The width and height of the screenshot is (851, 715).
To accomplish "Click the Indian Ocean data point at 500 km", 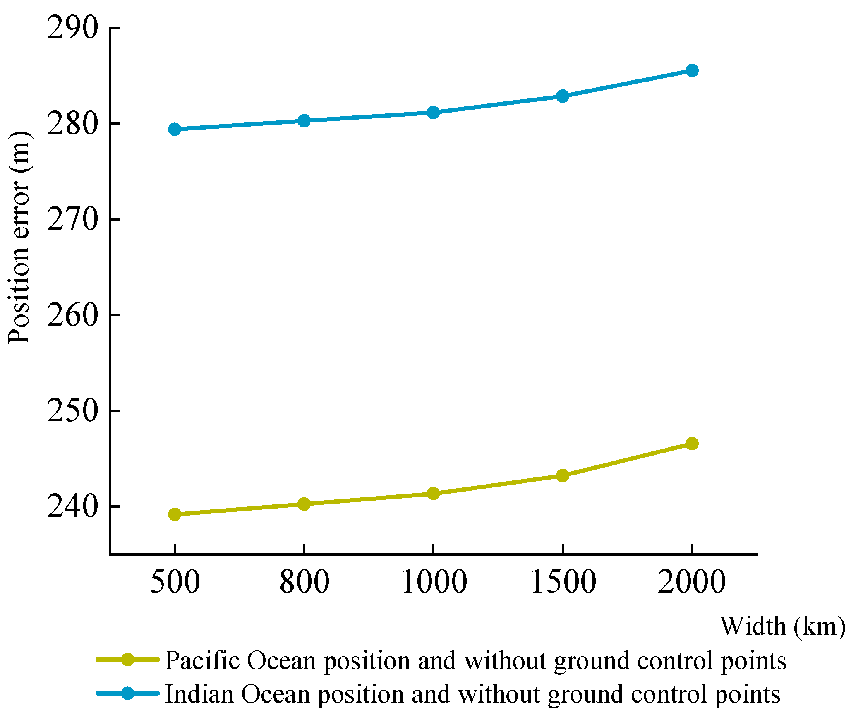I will click(x=175, y=129).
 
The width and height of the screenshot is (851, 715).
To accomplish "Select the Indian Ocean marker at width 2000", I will click(x=692, y=70).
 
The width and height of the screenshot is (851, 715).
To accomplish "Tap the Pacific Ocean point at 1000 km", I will click(x=433, y=493).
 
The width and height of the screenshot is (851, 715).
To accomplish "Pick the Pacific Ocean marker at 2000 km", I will click(x=692, y=444).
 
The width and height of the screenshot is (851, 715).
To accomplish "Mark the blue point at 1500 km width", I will click(x=562, y=96).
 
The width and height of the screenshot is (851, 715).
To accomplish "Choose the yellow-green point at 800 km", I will click(x=304, y=504).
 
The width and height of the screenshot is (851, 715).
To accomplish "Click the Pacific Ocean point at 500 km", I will click(x=175, y=514).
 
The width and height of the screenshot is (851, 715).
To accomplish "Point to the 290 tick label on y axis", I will click(x=73, y=28).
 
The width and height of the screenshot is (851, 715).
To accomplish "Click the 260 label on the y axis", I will click(x=73, y=315).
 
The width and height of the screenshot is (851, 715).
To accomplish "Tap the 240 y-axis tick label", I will click(x=73, y=506).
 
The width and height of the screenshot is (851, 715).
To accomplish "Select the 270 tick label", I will click(x=73, y=219).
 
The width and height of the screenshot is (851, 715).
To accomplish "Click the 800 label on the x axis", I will click(x=304, y=582).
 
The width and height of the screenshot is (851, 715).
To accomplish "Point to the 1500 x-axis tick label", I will click(x=563, y=582).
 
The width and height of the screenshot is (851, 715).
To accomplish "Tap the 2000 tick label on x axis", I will click(x=692, y=582).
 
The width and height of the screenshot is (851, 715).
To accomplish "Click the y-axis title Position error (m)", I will click(x=19, y=238).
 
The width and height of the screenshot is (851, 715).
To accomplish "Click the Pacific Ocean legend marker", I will click(x=128, y=660).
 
